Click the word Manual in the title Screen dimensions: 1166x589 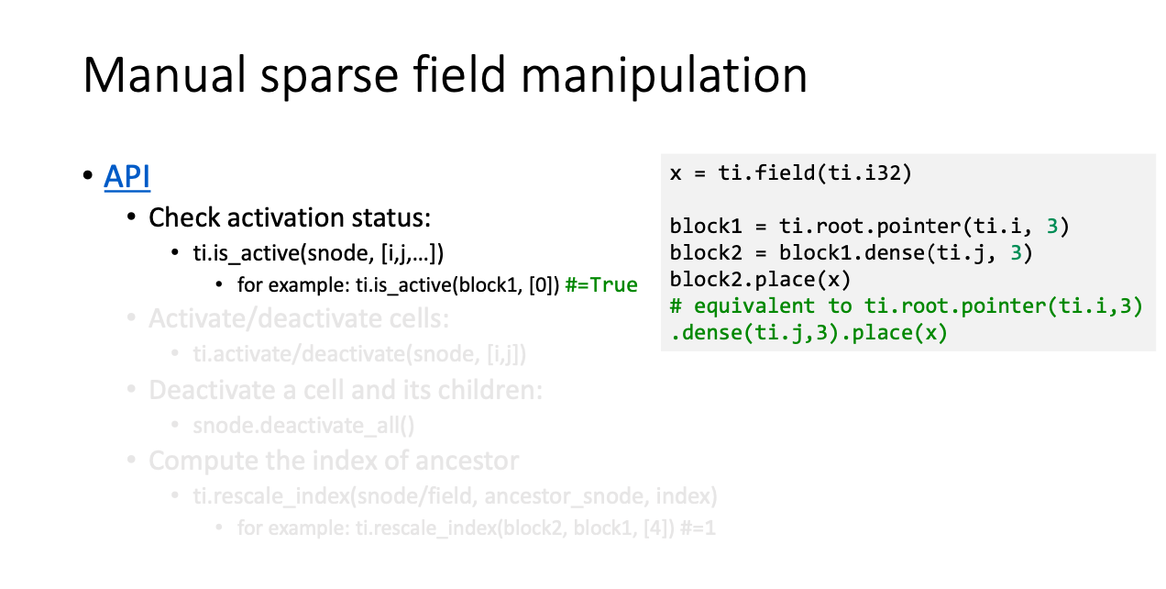[164, 75]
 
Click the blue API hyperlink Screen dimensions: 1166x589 [127, 176]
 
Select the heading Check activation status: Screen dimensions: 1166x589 [290, 217]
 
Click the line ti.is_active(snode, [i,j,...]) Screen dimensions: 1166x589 [318, 253]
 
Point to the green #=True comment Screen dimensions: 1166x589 [601, 284]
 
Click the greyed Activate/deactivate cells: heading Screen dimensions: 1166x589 [299, 318]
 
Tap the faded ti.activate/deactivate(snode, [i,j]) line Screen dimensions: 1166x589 [359, 354]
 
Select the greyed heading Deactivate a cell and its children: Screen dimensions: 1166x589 [346, 390]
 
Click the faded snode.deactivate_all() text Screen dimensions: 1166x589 [303, 426]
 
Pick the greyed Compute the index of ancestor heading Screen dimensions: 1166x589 [334, 461]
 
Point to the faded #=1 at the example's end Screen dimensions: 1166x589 [698, 528]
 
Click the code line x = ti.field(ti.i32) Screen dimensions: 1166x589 [791, 173]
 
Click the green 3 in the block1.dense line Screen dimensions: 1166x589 [1016, 253]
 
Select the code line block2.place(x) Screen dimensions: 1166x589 [760, 280]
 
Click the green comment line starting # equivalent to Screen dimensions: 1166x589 [907, 306]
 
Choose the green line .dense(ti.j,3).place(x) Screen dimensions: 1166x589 [808, 333]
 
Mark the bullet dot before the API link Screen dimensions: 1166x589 [88, 175]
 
